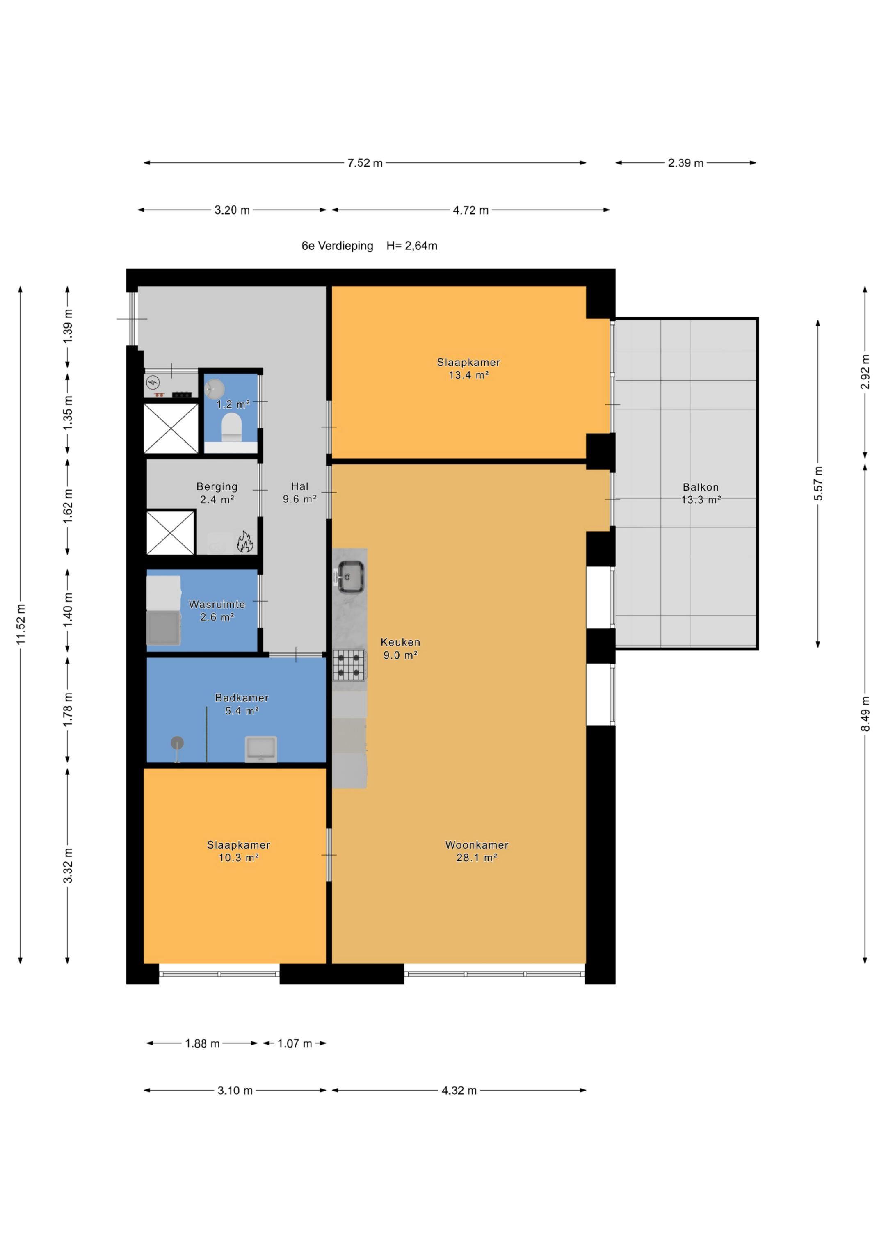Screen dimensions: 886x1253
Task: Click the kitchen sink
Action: pos(350,577)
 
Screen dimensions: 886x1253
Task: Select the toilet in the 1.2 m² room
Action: pos(231,427)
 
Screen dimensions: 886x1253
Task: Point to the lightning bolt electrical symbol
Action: pos(153,381)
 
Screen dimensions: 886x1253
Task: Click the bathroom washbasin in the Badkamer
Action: pos(261,749)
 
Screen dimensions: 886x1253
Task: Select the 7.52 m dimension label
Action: pos(365,163)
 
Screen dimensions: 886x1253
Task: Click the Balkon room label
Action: pos(701,487)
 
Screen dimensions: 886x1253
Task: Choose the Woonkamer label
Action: pos(477,845)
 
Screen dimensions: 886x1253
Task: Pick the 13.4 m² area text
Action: pos(468,375)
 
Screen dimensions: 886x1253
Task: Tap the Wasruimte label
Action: pos(217,604)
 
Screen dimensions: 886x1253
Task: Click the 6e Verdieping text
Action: pos(337,246)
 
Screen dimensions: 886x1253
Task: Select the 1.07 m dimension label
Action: pos(295,1043)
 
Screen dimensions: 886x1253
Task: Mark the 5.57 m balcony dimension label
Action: pos(818,484)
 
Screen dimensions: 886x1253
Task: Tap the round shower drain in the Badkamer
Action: pos(177,743)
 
